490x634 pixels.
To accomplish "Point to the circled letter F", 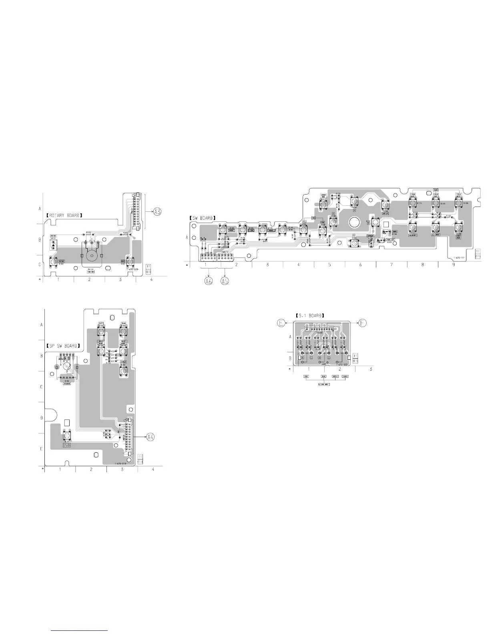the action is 363,323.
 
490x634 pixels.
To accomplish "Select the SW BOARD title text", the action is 203,218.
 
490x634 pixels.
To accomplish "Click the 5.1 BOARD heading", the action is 310,315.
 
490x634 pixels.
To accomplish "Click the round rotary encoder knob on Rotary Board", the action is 92,255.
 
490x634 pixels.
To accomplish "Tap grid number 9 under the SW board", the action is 453,265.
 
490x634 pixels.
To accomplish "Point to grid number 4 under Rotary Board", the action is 151,279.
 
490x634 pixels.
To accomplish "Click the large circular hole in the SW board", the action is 354,221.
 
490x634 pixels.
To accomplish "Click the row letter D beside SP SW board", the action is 41,418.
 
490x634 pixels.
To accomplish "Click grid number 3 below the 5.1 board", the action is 371,369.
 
